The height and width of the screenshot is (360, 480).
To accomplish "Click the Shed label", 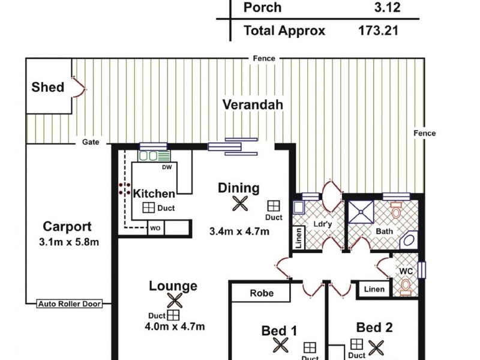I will point(47,87).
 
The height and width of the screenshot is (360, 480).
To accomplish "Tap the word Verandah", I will point(253,104).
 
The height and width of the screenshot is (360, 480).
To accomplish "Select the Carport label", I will point(67,227).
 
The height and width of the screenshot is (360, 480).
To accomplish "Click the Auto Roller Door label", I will point(70,304).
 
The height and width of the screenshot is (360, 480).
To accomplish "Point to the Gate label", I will point(91,143).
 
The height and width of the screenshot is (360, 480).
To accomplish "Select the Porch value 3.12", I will point(387,8).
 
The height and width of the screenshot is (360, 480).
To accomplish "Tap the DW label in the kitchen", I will point(167,167).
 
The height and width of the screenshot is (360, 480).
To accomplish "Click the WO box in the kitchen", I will point(155,228).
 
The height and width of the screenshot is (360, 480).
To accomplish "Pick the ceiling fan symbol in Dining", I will point(240,204).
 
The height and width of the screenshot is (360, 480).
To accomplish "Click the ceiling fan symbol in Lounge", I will point(174,300).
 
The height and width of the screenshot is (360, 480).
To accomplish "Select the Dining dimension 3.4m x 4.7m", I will point(239,231).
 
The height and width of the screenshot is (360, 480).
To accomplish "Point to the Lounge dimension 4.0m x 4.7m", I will point(174,327).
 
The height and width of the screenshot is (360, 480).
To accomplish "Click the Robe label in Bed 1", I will point(262,293).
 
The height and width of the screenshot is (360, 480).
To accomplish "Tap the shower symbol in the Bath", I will point(362,211).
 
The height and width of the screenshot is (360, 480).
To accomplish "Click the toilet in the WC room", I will point(407,284).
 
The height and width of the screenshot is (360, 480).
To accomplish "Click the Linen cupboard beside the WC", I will point(374,289).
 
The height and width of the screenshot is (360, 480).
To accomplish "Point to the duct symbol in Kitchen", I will point(148,208).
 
